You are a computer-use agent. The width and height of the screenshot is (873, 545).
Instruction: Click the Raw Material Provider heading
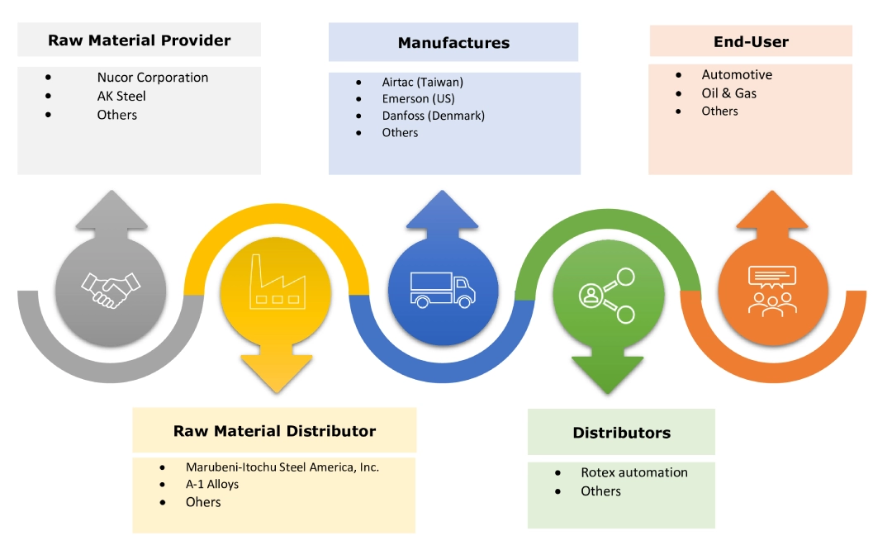point(139,40)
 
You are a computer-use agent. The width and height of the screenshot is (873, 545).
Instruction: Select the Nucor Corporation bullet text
point(152,78)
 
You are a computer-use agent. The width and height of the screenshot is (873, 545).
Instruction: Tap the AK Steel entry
point(121,96)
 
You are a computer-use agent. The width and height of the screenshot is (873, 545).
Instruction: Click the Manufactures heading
point(453,43)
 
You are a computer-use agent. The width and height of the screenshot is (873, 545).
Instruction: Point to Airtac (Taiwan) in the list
point(422,83)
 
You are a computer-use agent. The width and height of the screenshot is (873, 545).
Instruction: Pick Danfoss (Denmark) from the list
point(433,116)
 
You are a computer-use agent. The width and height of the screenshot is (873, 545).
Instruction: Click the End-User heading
point(751,41)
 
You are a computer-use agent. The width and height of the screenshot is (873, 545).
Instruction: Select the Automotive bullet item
point(737,75)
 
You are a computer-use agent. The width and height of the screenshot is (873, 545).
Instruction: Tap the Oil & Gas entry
point(728,93)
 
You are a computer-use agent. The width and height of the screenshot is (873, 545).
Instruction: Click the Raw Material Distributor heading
point(274,431)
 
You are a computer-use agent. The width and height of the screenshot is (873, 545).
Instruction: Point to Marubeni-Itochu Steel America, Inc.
point(282,467)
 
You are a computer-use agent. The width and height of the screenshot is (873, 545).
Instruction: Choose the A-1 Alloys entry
point(212,485)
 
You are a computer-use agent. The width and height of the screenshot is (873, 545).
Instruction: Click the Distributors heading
point(621,433)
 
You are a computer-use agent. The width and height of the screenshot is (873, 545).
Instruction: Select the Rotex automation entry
point(633,472)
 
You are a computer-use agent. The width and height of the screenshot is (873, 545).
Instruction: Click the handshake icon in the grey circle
point(111,286)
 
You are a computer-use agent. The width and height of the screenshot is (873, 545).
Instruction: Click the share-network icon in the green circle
point(606,294)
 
